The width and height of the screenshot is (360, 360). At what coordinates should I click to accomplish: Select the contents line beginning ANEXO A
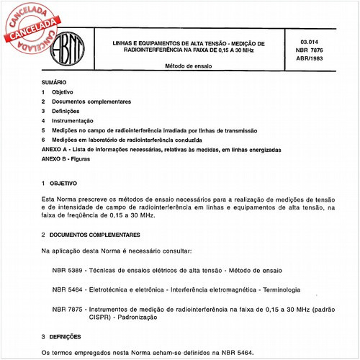tap(161, 148)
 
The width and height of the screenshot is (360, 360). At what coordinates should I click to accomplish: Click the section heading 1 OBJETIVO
tap(61, 184)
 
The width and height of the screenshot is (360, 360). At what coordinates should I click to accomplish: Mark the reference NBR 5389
tap(68, 270)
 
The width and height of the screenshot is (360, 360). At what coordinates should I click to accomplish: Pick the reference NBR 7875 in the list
tap(68, 308)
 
